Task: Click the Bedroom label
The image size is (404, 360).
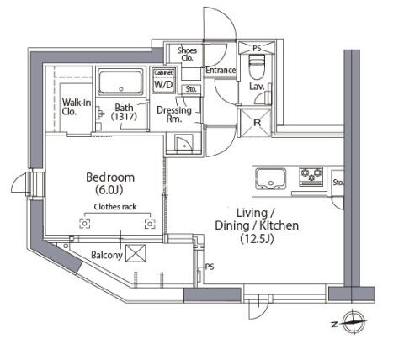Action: tap(110, 177)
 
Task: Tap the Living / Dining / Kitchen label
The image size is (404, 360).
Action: tap(257, 225)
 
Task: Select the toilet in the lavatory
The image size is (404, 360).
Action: tap(258, 66)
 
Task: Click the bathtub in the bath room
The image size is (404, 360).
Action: tap(120, 82)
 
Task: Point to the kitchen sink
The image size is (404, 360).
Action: tap(271, 178)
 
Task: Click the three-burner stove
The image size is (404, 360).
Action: tap(311, 176)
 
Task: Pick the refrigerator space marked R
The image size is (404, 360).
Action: tap(257, 122)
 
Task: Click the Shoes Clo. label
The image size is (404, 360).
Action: tap(187, 54)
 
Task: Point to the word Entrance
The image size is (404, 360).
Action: tap(221, 70)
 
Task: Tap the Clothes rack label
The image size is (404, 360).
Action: tap(115, 207)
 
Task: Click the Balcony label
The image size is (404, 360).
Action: tap(107, 255)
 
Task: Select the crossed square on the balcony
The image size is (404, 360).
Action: tap(136, 253)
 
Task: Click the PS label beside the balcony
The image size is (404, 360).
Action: tap(210, 267)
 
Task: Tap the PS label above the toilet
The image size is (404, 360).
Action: tap(257, 48)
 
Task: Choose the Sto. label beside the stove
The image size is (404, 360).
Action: tap(338, 183)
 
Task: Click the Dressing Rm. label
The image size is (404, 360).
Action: tap(174, 114)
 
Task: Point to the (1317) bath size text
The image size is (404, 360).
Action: tap(124, 117)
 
